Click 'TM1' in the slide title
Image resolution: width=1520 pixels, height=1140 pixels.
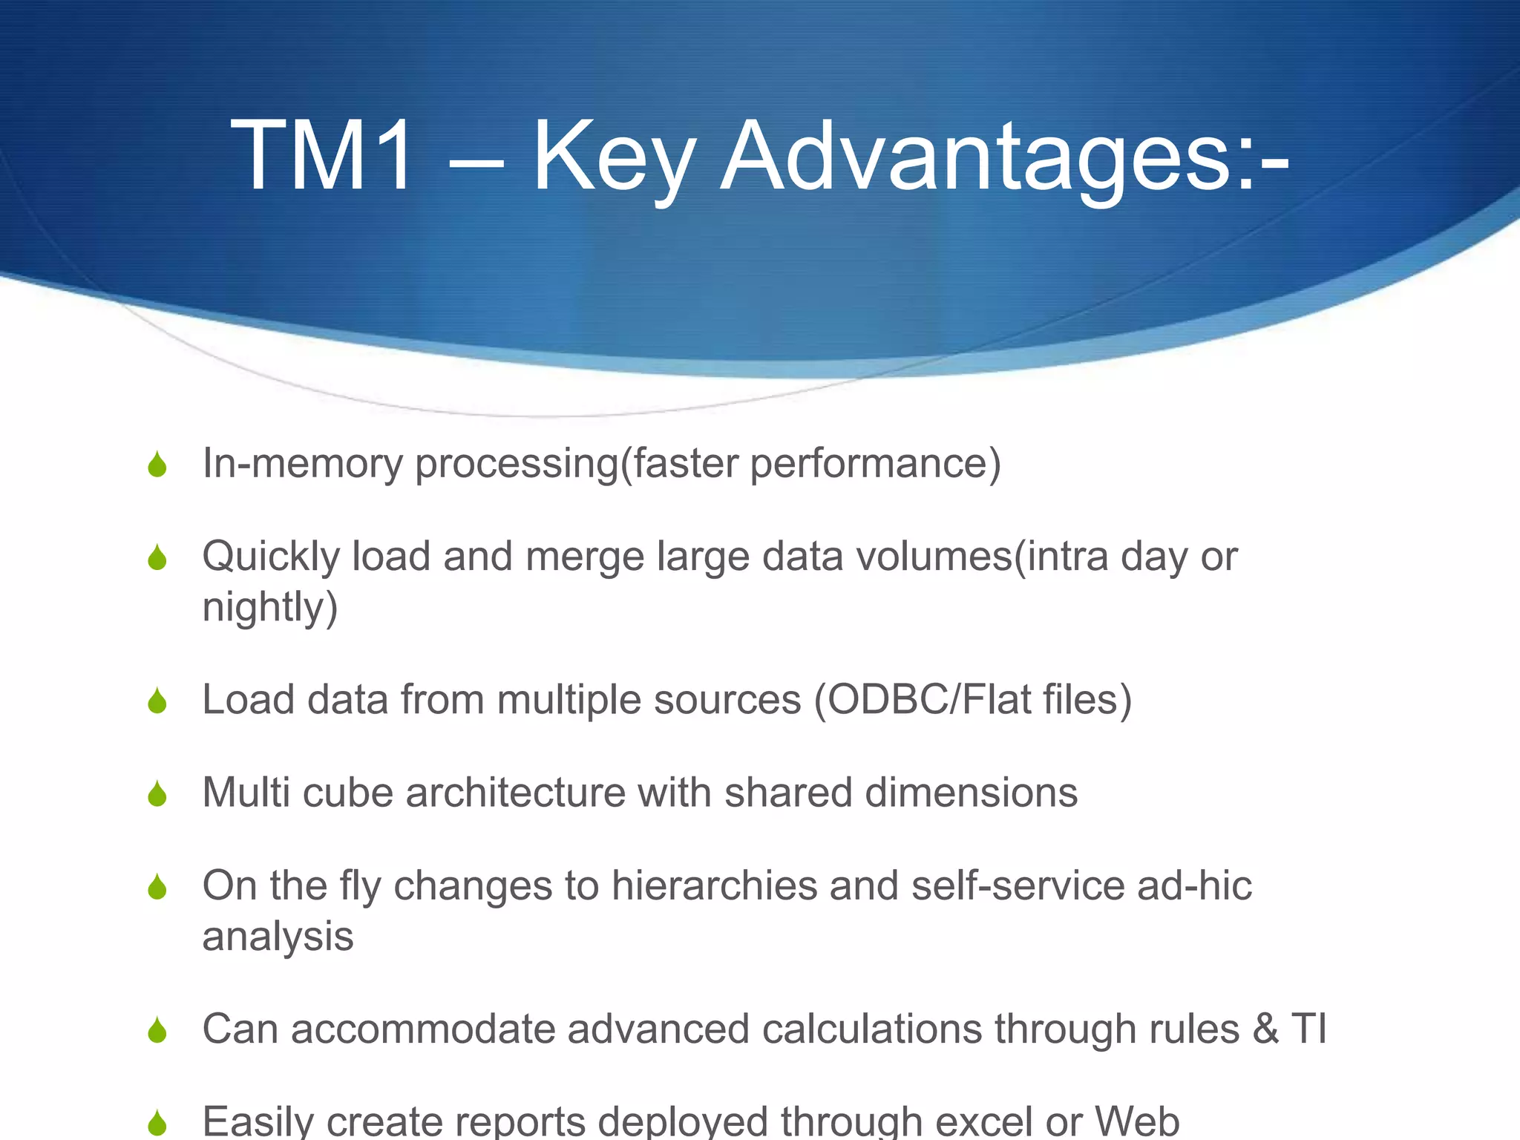click(321, 157)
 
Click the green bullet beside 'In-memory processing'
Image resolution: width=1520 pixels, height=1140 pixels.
click(157, 465)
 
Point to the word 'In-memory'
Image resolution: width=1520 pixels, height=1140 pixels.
click(302, 463)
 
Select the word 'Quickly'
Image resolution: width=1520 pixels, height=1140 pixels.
click(270, 557)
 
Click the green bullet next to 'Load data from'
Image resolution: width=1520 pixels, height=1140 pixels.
click(157, 701)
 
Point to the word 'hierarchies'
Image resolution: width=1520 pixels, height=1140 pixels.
click(714, 885)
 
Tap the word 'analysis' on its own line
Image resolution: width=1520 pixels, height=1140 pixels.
click(278, 937)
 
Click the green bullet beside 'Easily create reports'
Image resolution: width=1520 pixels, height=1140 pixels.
click(157, 1122)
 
